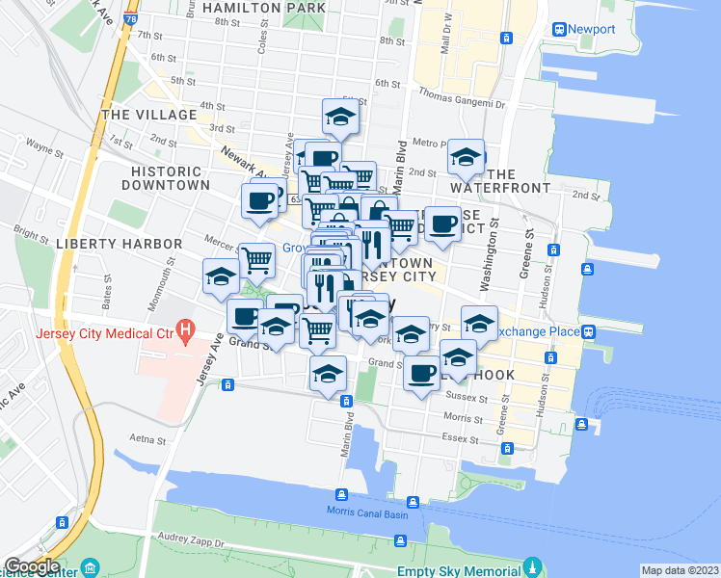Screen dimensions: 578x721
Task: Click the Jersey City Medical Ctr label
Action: click(x=103, y=334)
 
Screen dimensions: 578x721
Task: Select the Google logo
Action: click(x=32, y=566)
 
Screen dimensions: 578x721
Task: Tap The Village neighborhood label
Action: click(x=149, y=115)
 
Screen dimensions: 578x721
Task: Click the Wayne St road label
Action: click(x=44, y=148)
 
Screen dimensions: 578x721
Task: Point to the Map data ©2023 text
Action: click(x=681, y=570)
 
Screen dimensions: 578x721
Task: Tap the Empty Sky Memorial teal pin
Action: click(x=531, y=566)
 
